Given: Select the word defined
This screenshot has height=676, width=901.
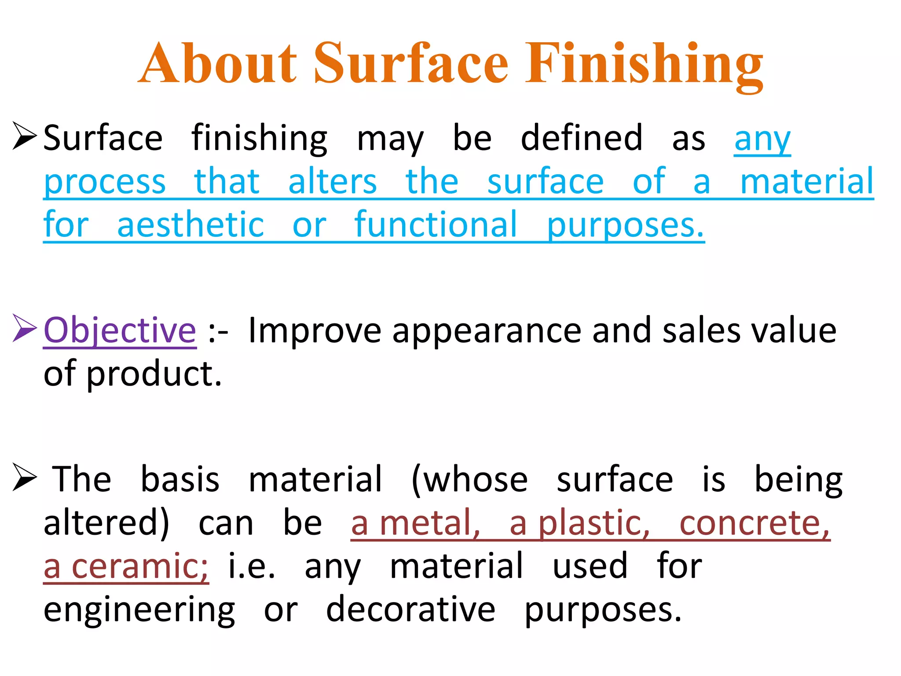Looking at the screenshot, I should pyautogui.click(x=582, y=138).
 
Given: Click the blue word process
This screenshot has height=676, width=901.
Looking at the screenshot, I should pyautogui.click(x=105, y=182).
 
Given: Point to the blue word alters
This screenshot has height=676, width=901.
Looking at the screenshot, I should pyautogui.click(x=333, y=181).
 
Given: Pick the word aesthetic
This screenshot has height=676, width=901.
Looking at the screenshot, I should pyautogui.click(x=190, y=224).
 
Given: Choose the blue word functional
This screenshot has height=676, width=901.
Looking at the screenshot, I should pyautogui.click(x=436, y=224).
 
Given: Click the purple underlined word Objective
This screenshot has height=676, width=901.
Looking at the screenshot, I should pyautogui.click(x=120, y=330).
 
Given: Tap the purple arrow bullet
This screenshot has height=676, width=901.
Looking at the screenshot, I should pyautogui.click(x=24, y=328).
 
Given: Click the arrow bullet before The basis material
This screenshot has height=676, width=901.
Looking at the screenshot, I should pyautogui.click(x=24, y=477).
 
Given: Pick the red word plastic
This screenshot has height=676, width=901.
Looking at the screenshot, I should pyautogui.click(x=594, y=523).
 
